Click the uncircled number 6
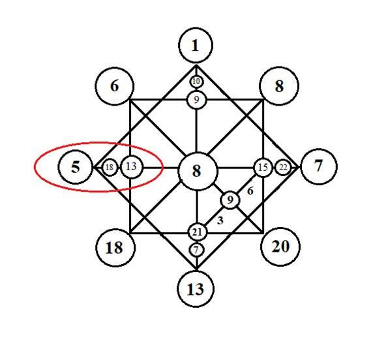[250, 191]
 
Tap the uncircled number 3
[220, 220]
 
